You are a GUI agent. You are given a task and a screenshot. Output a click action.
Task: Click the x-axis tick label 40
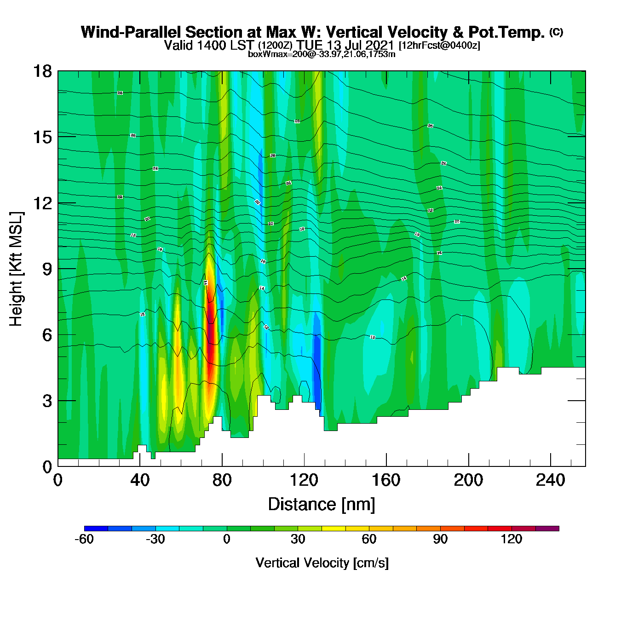(x=140, y=480)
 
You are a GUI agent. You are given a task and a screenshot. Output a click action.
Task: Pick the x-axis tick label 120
(x=304, y=480)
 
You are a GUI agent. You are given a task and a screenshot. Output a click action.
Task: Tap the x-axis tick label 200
(x=468, y=480)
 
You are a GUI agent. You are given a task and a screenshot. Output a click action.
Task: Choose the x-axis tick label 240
(x=551, y=480)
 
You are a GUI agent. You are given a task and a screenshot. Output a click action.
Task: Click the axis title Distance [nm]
(x=322, y=505)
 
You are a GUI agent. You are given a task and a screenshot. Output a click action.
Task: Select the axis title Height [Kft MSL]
(x=16, y=269)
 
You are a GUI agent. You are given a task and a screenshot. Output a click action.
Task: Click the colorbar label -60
(x=84, y=539)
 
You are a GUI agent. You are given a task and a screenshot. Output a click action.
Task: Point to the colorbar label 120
(x=512, y=539)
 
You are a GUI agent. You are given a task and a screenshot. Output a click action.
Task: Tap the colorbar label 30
(x=298, y=539)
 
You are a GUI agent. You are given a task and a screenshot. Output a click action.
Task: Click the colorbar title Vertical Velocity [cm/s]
(x=322, y=563)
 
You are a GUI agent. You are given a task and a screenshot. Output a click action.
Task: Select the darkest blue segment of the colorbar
(x=96, y=529)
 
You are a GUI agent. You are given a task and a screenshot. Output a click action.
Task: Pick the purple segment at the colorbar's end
(x=547, y=529)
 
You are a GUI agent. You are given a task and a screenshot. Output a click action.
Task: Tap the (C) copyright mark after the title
(x=556, y=32)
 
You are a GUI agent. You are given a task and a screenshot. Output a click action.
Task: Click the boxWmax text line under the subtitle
(x=322, y=54)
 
